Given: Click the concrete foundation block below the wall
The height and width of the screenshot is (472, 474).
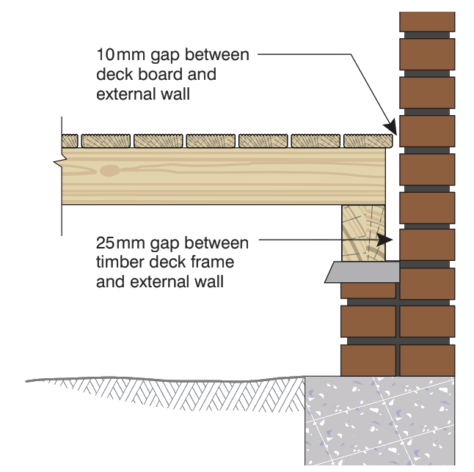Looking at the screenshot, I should click(380, 421).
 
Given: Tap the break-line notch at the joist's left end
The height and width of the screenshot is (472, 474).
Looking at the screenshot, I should click(59, 160).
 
